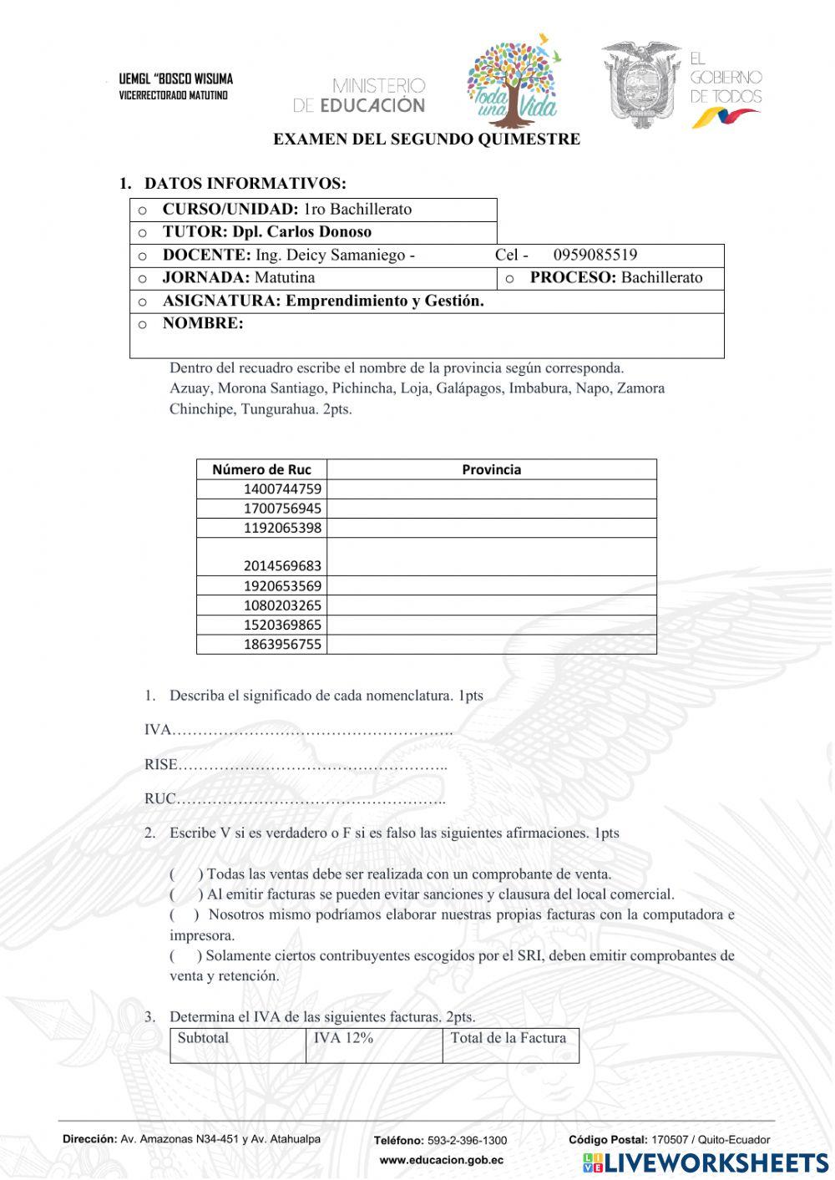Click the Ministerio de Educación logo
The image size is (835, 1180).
[359, 95]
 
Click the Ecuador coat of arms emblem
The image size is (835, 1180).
[640, 84]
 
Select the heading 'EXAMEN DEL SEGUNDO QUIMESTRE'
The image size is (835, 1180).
[426, 139]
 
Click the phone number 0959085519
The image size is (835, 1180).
[595, 255]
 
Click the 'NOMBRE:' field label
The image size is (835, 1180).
[203, 324]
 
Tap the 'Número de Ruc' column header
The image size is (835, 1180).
[261, 469]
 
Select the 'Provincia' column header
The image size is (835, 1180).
[491, 469]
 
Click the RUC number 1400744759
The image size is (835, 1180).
[282, 489]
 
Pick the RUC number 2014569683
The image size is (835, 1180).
[282, 565]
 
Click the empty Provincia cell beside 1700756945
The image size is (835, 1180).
[491, 509]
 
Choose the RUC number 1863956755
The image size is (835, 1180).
[282, 644]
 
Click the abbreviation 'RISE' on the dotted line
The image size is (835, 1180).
[161, 764]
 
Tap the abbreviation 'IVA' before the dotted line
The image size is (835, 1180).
[157, 730]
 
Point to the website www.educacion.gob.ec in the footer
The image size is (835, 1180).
[441, 1160]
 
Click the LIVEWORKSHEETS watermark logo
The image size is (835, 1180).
[705, 1162]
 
